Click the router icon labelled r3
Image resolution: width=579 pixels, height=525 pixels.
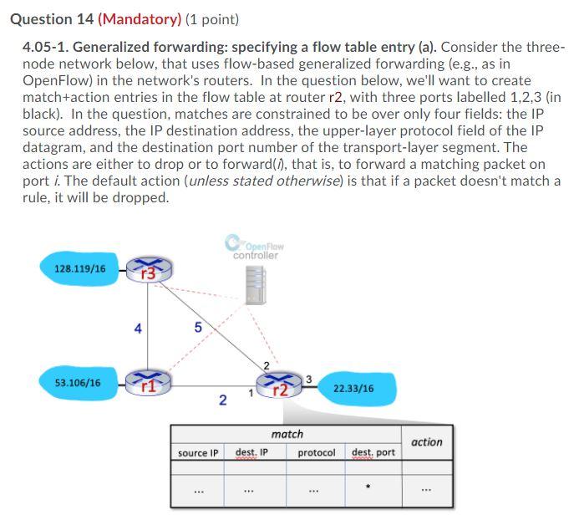point(150,270)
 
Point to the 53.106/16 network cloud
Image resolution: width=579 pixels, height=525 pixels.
point(78,383)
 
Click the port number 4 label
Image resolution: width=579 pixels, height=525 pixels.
point(137,329)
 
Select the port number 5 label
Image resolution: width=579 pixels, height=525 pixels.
point(198,327)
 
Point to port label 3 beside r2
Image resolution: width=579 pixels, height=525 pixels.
point(308,380)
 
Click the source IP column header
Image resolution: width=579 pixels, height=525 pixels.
point(198,453)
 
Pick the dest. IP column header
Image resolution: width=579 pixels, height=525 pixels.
point(251,452)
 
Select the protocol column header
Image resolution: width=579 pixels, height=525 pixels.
point(317,453)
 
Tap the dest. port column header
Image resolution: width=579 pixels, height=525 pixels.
point(373,452)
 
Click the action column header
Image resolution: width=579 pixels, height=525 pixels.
point(427,442)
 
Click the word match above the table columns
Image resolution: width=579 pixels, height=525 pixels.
point(287,434)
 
